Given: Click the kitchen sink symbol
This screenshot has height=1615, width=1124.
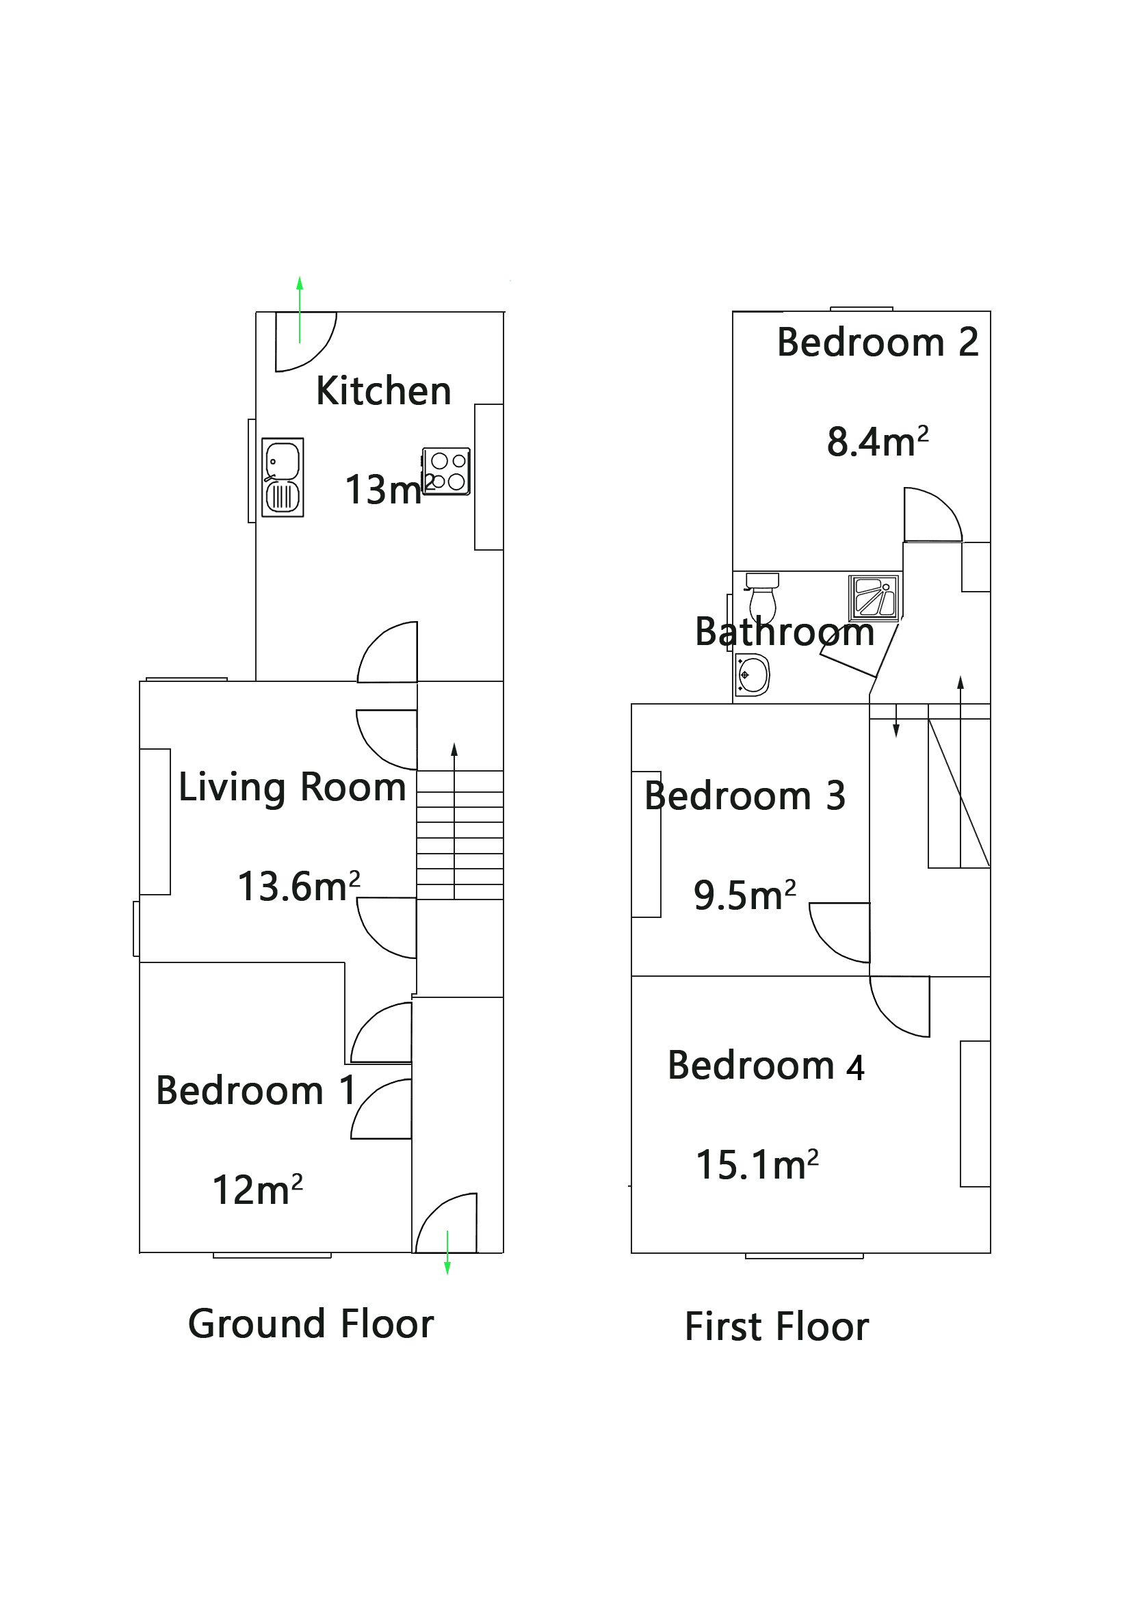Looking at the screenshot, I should pos(282,477).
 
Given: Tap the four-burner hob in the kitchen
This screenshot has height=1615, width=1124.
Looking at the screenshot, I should pos(446,471).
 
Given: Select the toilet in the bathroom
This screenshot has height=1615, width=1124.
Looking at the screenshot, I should pos(761,596).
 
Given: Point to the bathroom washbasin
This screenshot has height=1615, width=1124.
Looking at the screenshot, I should pos(751,674).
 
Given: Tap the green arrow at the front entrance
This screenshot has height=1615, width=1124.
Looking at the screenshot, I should pos(447,1252).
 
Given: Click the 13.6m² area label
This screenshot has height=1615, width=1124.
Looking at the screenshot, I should pos(298,886).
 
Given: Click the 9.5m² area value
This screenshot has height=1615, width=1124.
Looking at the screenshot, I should pos(744,895).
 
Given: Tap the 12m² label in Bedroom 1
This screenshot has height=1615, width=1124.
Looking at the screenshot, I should pos(257,1190).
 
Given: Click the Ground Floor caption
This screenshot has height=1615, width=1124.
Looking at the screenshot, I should pos(310,1324).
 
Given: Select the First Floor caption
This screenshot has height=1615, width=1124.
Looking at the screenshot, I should pos(776,1326).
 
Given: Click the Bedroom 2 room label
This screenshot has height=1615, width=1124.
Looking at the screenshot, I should pos(876,343).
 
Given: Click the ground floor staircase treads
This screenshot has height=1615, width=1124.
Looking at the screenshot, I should pos(459,835).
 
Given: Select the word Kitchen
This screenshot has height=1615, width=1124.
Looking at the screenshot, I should pos(382,391).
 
